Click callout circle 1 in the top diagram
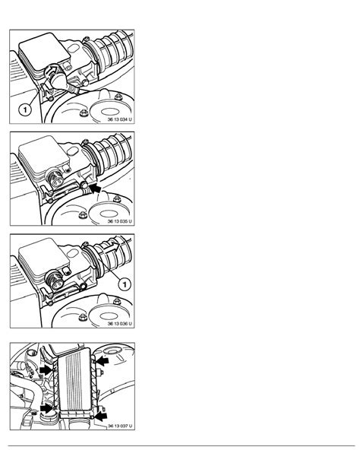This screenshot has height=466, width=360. coord(25,110)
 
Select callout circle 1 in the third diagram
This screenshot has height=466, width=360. coord(125,285)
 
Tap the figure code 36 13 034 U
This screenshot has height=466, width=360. coord(120,119)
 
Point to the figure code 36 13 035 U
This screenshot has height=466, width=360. coord(120,221)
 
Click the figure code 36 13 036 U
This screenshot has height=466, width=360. coord(120,323)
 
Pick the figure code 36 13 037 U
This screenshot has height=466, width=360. coord(120,426)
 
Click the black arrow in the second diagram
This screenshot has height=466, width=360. coord(95,189)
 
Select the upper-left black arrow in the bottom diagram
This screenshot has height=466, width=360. coord(46,370)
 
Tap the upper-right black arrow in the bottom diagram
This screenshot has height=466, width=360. coord(103,361)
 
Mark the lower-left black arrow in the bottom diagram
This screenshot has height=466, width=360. coord(46,408)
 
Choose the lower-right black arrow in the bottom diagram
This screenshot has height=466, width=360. coord(100,416)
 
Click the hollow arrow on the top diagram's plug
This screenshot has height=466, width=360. coord(52,71)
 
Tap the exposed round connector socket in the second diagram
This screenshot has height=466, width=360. coord(55,179)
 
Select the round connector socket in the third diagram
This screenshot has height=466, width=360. coord(55,281)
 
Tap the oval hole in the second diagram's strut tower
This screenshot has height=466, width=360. coord(108,214)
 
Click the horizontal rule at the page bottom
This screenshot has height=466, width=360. coord(182,445)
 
